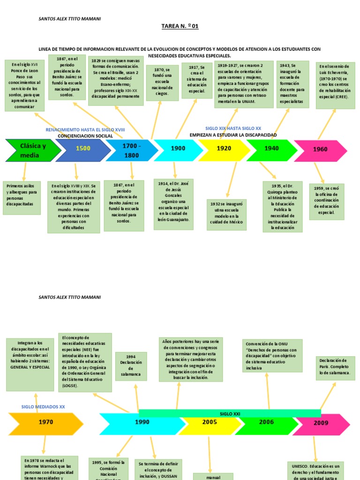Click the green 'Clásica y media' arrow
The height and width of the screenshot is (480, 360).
pyautogui.click(x=32, y=150)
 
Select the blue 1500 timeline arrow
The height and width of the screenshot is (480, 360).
pyautogui.click(x=83, y=149)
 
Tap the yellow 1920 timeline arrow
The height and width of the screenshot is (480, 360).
pyautogui.click(x=224, y=149)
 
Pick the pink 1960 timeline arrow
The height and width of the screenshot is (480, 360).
pyautogui.click(x=321, y=150)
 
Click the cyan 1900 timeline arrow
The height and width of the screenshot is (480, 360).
pyautogui.click(x=177, y=149)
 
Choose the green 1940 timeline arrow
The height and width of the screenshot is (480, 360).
pyautogui.click(x=271, y=149)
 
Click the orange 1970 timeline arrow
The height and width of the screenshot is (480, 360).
pyautogui.click(x=45, y=423)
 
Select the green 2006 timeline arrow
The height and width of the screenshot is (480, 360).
pyautogui.click(x=266, y=423)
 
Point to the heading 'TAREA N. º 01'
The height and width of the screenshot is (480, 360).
pyautogui.click(x=180, y=26)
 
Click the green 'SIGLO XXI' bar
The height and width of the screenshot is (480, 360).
pyautogui.click(x=230, y=413)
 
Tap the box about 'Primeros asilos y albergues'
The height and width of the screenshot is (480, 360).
pyautogui.click(x=22, y=198)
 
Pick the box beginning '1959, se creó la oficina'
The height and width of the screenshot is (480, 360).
pyautogui.click(x=326, y=202)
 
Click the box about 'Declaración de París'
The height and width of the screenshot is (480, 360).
pyautogui.click(x=335, y=368)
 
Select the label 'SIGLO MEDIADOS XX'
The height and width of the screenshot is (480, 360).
pyautogui.click(x=43, y=407)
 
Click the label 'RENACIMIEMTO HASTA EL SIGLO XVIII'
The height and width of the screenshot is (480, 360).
pyautogui.click(x=85, y=129)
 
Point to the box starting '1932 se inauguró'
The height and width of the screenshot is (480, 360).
pyautogui.click(x=226, y=215)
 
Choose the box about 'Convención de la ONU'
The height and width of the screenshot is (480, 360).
pyautogui.click(x=272, y=356)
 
